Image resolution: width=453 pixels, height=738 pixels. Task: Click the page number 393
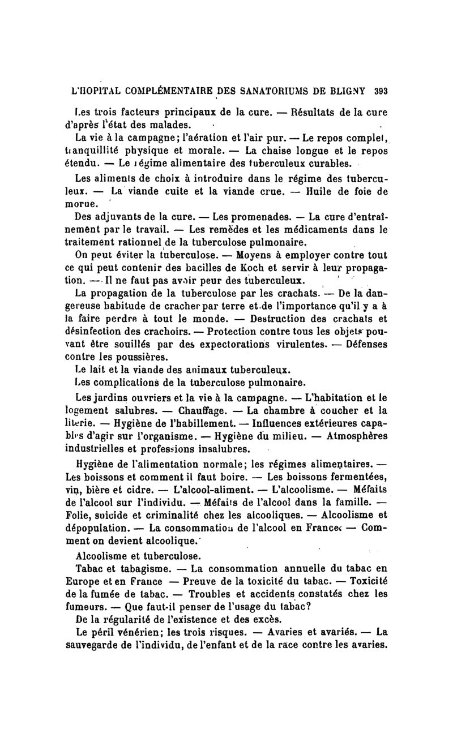[x=380, y=91]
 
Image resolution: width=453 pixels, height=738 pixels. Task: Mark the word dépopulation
[x=97, y=528]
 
